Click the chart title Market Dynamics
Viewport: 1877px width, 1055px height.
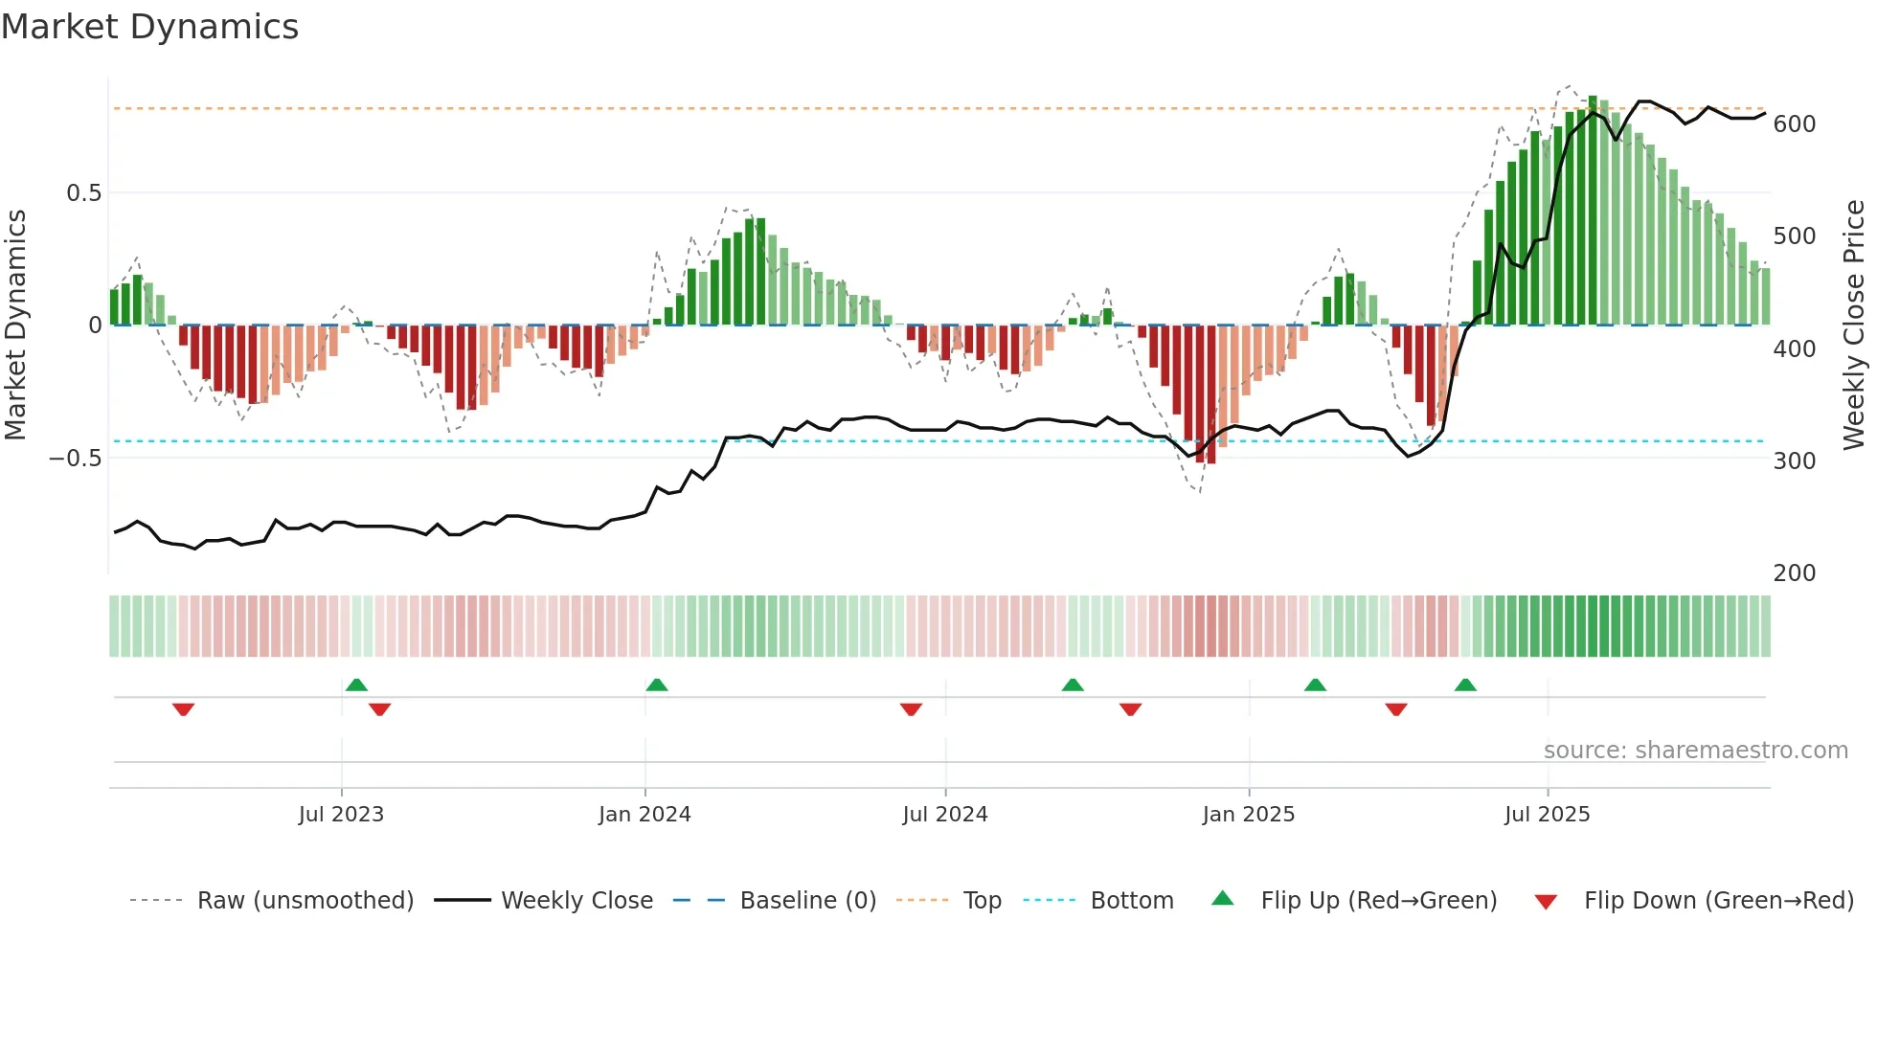point(149,27)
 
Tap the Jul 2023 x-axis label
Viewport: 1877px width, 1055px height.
point(341,815)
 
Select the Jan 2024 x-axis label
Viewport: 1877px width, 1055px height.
point(645,815)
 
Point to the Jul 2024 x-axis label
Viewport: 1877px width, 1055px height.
point(944,815)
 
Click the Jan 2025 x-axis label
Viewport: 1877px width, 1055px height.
point(1248,815)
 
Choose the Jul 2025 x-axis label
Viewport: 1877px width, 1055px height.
point(1547,815)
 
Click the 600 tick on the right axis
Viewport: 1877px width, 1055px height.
point(1794,124)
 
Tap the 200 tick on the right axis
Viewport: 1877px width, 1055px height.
point(1794,573)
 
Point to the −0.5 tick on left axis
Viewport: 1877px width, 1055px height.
point(75,459)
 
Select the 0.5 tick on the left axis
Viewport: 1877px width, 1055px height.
point(83,193)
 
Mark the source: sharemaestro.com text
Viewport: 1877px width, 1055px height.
point(1695,751)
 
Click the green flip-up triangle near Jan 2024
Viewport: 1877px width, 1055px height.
point(656,685)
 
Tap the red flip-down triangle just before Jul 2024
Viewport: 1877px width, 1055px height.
point(911,709)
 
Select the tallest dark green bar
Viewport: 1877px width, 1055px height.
point(1593,211)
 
